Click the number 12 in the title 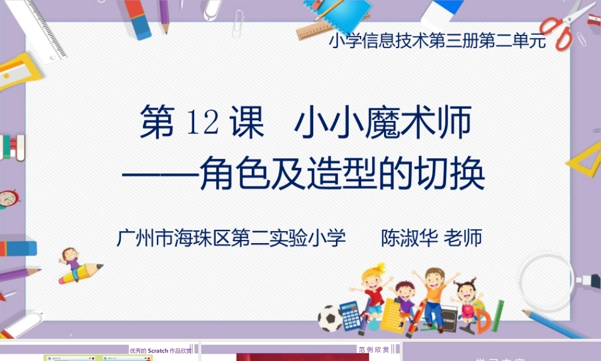(203, 123)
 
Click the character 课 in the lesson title (247, 123)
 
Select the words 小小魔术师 (382, 123)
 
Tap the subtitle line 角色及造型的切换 (342, 173)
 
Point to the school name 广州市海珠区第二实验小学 (231, 238)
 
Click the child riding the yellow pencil (72, 260)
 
